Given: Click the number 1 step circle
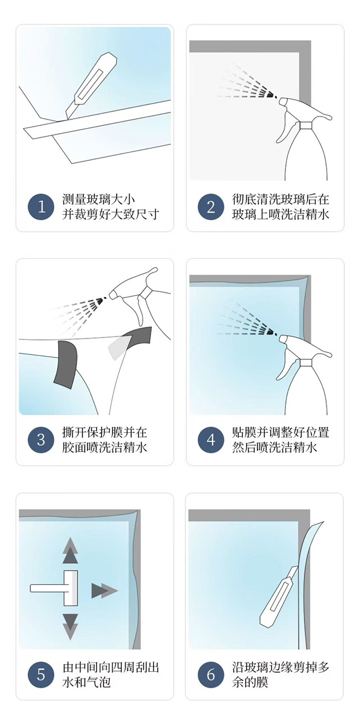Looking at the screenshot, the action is (41, 207).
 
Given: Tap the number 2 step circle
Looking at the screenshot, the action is (211, 207).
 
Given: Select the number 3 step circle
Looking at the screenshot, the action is (41, 440).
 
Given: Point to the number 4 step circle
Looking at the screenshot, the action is (211, 440).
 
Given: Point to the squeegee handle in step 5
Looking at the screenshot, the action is (47, 588).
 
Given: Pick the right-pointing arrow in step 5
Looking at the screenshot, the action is (105, 591).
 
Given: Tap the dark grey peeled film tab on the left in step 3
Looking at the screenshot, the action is (66, 364).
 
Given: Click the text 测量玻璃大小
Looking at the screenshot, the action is (98, 200).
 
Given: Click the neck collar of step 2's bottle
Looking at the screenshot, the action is (306, 125).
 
